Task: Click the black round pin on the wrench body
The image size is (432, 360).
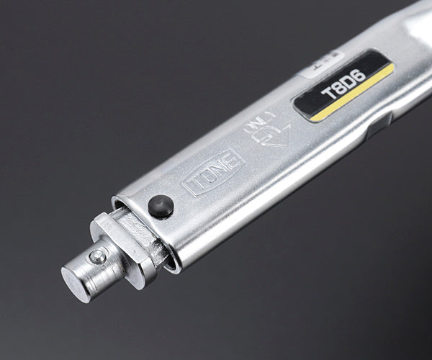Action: pos(161,207)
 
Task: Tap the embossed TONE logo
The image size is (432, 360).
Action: pos(213,173)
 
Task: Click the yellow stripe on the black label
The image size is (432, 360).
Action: pos(353,93)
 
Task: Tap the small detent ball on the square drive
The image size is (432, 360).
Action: pos(96,255)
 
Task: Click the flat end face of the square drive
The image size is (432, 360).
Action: pos(76,276)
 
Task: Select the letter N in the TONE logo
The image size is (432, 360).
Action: pos(219,169)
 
